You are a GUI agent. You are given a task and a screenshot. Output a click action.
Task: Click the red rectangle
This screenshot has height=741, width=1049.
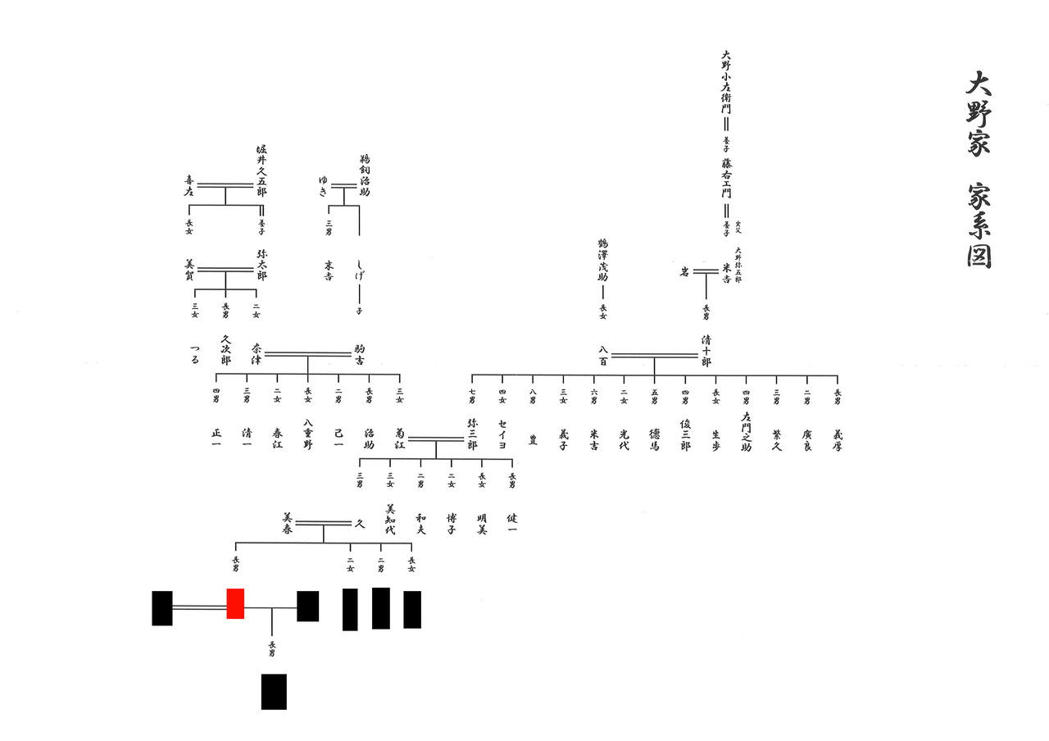(235, 603)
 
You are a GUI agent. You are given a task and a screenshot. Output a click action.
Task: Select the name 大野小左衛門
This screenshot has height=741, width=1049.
(725, 82)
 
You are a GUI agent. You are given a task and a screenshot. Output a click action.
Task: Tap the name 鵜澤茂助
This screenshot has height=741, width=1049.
(602, 260)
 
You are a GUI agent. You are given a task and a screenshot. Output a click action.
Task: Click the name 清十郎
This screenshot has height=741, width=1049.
(706, 349)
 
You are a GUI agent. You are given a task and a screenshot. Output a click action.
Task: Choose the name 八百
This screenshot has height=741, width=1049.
(603, 355)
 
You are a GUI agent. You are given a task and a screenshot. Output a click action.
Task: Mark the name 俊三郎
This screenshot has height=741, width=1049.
(685, 434)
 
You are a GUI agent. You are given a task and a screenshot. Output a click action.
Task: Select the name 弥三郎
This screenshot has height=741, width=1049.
(472, 434)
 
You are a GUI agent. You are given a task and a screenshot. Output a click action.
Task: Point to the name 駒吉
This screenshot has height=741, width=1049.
(359, 355)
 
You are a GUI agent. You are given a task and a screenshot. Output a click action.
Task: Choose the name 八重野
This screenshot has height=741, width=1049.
(308, 434)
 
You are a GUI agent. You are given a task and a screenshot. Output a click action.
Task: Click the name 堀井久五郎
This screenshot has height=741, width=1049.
(261, 170)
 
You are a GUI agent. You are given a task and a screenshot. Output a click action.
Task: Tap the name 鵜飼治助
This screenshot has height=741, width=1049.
(365, 175)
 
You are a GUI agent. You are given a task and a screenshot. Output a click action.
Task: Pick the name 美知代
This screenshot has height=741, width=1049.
(390, 519)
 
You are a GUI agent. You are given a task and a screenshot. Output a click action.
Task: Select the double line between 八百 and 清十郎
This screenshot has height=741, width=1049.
(653, 355)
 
